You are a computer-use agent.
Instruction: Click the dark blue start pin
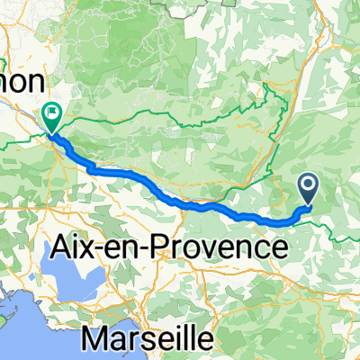point(308,186)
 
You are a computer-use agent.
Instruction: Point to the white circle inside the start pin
point(308,184)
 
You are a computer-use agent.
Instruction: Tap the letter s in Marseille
point(166,340)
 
